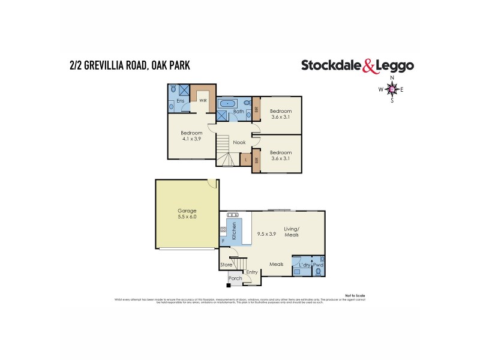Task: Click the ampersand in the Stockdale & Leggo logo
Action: point(371,67)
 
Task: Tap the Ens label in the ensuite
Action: point(179,101)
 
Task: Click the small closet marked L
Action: point(245,160)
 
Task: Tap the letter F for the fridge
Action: point(223,241)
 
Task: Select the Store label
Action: point(226,265)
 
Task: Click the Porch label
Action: point(235,278)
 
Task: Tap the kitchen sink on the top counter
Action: point(232,214)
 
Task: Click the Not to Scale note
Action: point(355,296)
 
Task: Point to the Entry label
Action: point(251,272)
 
